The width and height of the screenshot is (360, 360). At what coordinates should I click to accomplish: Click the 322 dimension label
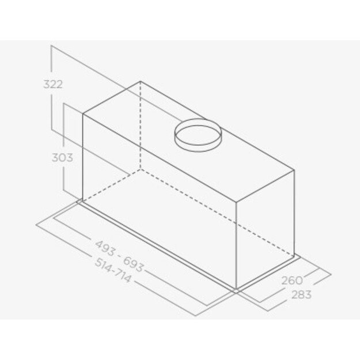(x=52, y=84)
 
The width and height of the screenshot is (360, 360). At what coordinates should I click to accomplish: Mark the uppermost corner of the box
(x=140, y=82)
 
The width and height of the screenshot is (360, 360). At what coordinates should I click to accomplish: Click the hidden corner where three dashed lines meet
(x=140, y=170)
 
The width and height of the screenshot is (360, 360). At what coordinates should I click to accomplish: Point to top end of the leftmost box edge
(x=83, y=113)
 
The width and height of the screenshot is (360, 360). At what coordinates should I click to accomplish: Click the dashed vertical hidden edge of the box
(x=140, y=127)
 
